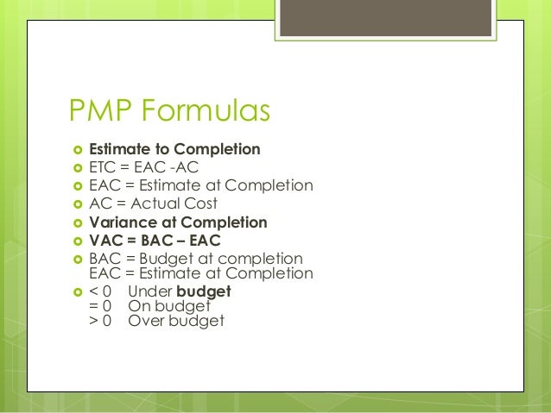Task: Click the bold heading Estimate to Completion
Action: pyautogui.click(x=174, y=149)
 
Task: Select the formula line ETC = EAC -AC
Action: pyautogui.click(x=144, y=167)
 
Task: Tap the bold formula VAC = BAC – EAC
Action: pyautogui.click(x=155, y=241)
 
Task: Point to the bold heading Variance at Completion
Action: pyautogui.click(x=178, y=222)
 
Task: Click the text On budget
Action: pyautogui.click(x=169, y=305)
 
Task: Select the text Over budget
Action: pyautogui.click(x=175, y=321)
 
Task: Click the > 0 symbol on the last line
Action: pyautogui.click(x=101, y=321)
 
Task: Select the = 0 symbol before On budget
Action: pyautogui.click(x=101, y=305)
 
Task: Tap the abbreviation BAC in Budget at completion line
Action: pyautogui.click(x=105, y=259)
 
